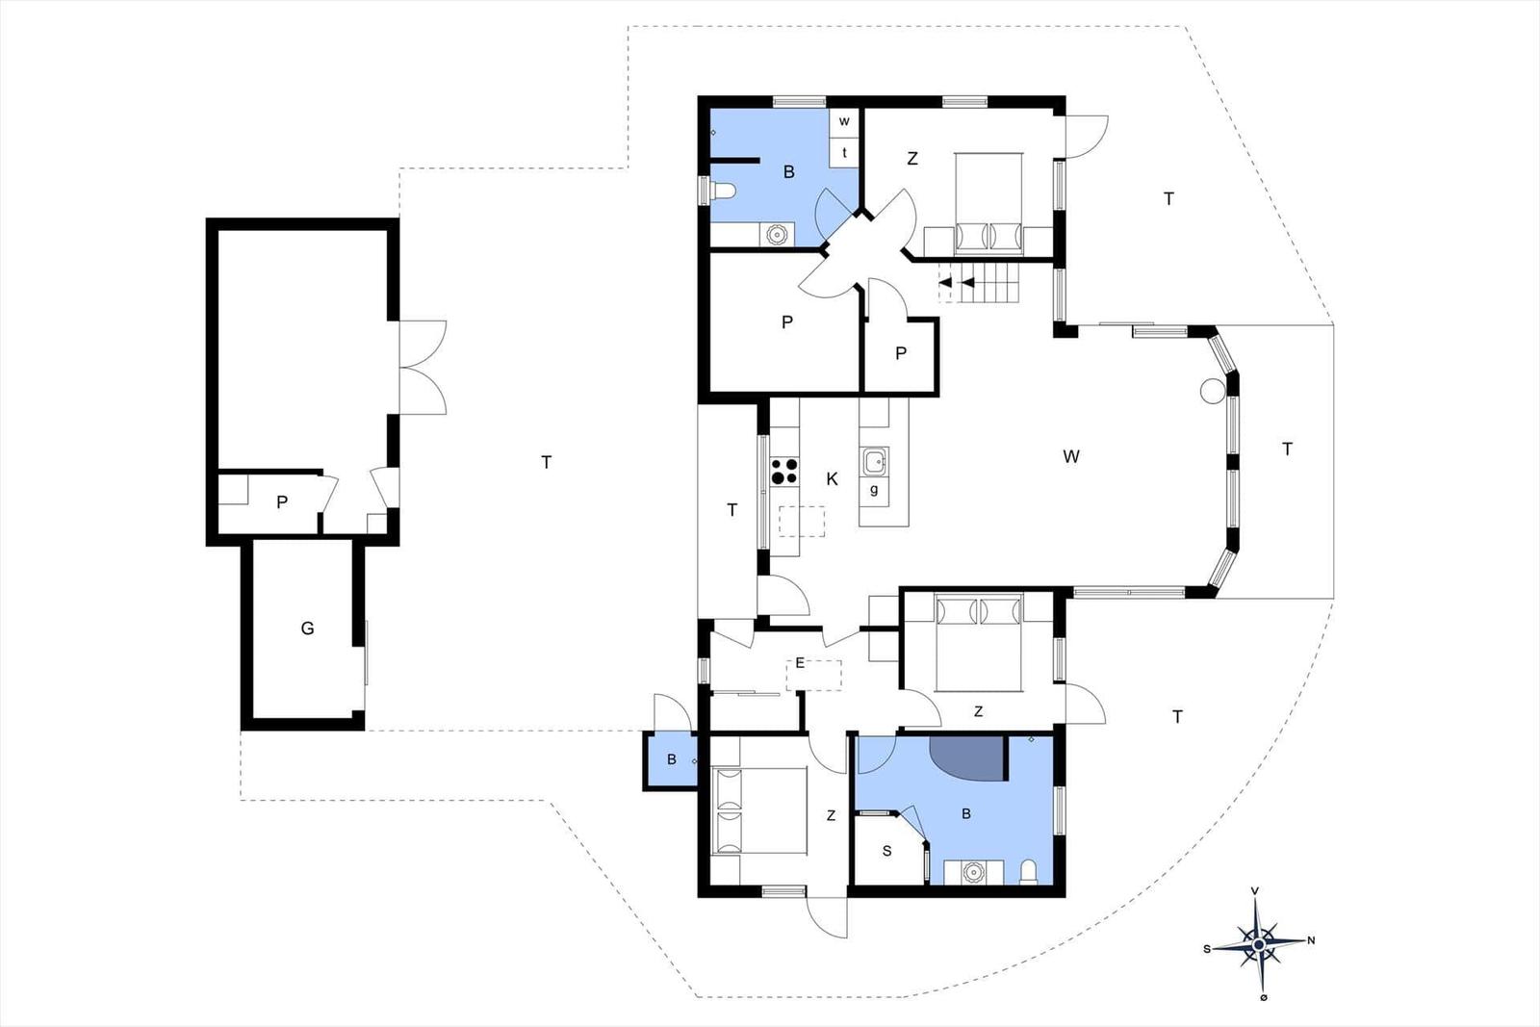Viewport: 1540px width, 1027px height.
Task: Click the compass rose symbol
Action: (x=1259, y=944)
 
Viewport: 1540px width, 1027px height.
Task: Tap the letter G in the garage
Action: (x=307, y=628)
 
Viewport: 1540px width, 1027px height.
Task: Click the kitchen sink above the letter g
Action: (x=875, y=461)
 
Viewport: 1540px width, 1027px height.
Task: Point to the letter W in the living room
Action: (x=1070, y=456)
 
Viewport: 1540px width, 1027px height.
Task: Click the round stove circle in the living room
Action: (x=1212, y=391)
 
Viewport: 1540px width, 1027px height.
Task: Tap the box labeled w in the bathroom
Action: (x=844, y=122)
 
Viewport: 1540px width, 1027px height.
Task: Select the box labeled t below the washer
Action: (x=844, y=153)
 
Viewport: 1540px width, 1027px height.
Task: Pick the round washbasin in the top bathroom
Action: (x=776, y=235)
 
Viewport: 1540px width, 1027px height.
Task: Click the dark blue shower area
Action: (x=968, y=758)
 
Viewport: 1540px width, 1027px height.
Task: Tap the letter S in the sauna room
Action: (x=886, y=851)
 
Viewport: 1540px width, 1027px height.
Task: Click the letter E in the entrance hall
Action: (x=800, y=663)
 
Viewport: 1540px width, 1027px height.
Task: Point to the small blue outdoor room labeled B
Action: (x=670, y=761)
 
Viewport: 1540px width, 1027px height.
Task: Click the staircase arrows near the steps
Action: (x=957, y=283)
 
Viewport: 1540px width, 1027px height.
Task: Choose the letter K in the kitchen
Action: (x=832, y=479)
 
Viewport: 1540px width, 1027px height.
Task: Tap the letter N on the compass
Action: (x=1311, y=940)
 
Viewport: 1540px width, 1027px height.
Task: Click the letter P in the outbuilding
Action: (x=282, y=502)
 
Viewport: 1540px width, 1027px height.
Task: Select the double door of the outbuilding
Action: (x=423, y=367)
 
